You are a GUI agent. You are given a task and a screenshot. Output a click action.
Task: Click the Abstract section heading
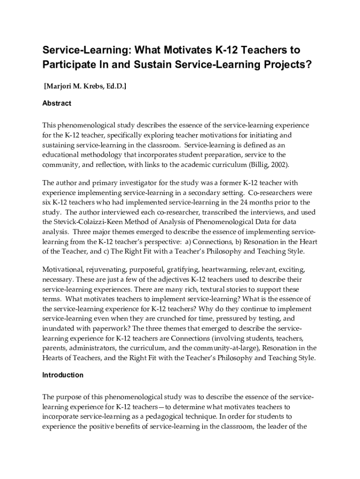point(57,103)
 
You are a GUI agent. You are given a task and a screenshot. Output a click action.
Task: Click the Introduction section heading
point(63,375)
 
